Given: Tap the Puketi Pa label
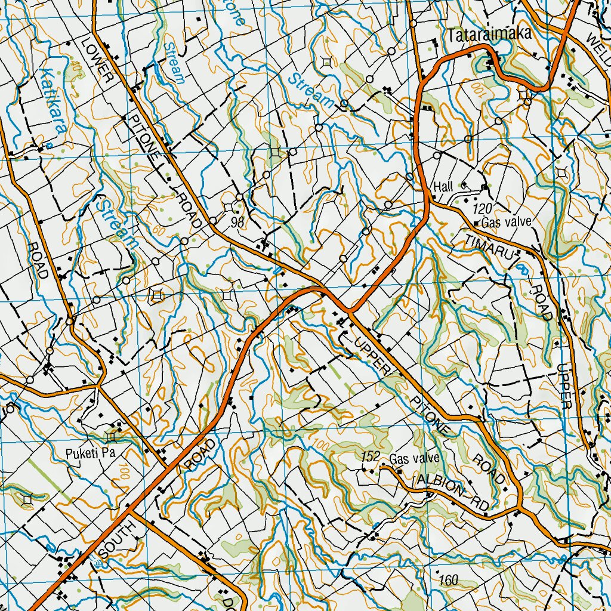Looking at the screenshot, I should click(x=90, y=453).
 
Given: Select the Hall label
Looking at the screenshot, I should click(x=444, y=186).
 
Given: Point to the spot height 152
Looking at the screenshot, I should click(x=371, y=457).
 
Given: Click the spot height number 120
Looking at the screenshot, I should click(x=482, y=209).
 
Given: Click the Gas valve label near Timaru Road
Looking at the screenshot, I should click(x=506, y=223).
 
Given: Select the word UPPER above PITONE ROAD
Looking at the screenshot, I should click(x=370, y=356).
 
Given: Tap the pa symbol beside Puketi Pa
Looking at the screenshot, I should click(x=112, y=436).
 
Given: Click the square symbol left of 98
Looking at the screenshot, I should click(x=229, y=207).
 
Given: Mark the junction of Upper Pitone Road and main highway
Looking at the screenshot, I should click(x=350, y=311).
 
